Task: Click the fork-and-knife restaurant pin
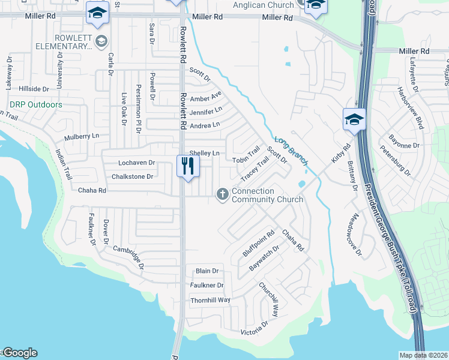[188, 166]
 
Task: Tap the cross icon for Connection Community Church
[222, 193]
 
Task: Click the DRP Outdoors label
[36, 105]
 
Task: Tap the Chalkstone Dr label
[133, 176]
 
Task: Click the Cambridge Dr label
[128, 257]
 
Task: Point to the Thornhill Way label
[210, 300]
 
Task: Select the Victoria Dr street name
[254, 328]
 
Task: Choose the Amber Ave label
[206, 97]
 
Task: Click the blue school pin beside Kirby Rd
[354, 119]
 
